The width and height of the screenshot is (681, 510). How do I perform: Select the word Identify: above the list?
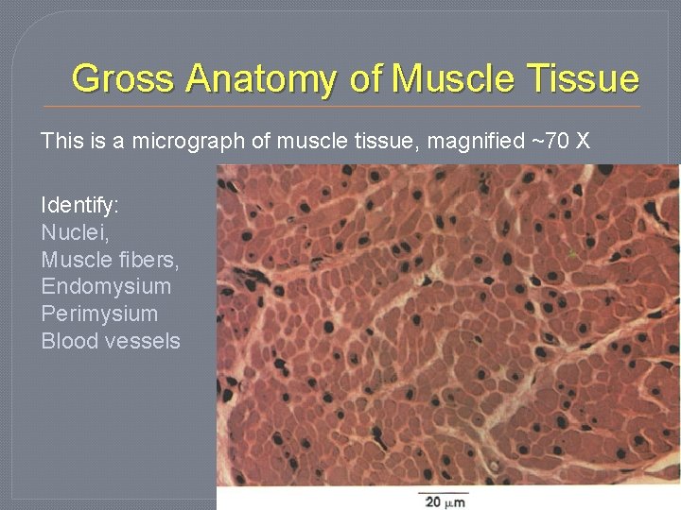pos(79,205)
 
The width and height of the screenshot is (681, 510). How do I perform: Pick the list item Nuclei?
pos(72,232)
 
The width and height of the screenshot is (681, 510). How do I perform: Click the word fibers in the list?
pos(144,260)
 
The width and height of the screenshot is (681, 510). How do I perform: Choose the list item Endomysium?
pos(106,287)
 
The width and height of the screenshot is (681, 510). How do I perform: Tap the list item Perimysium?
pos(99,314)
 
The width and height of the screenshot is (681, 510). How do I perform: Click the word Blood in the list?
pos(70,342)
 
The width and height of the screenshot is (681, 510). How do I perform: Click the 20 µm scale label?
pos(443,501)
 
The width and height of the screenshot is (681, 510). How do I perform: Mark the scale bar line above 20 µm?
pos(443,490)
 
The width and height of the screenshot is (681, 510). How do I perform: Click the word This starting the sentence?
pos(61,142)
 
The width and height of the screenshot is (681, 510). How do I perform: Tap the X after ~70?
pos(583,142)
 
